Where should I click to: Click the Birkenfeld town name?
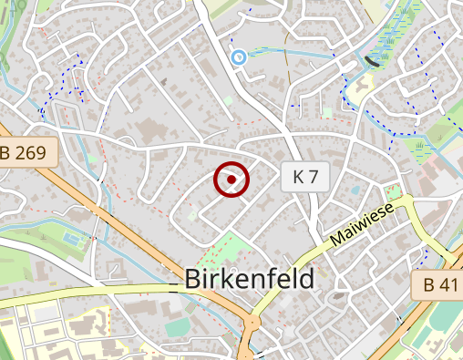[249, 279]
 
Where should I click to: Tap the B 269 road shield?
[28, 152]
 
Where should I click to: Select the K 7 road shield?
[304, 177]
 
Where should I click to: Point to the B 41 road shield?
[441, 284]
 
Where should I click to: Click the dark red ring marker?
[232, 180]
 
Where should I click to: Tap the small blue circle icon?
[239, 58]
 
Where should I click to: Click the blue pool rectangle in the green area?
[71, 239]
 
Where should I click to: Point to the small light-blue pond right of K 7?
[354, 191]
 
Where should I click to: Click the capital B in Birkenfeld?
[192, 279]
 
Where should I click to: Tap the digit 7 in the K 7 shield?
[313, 177]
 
